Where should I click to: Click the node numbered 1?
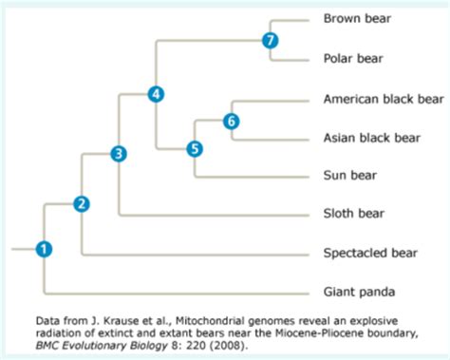pyautogui.click(x=44, y=249)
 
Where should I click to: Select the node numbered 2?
pyautogui.click(x=83, y=204)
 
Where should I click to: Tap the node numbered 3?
pyautogui.click(x=119, y=153)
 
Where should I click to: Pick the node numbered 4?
pyautogui.click(x=157, y=93)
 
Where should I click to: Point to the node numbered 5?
pyautogui.click(x=195, y=148)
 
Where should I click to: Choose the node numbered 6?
pyautogui.click(x=232, y=121)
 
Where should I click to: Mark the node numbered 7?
pyautogui.click(x=271, y=40)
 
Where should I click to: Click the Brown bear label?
pyautogui.click(x=357, y=18)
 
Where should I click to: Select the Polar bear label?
pyautogui.click(x=353, y=58)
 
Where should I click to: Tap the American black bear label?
pyautogui.click(x=384, y=98)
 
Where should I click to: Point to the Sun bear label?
pyautogui.click(x=350, y=176)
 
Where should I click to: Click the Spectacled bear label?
pyautogui.click(x=370, y=254)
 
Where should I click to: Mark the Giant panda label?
pyautogui.click(x=358, y=292)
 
